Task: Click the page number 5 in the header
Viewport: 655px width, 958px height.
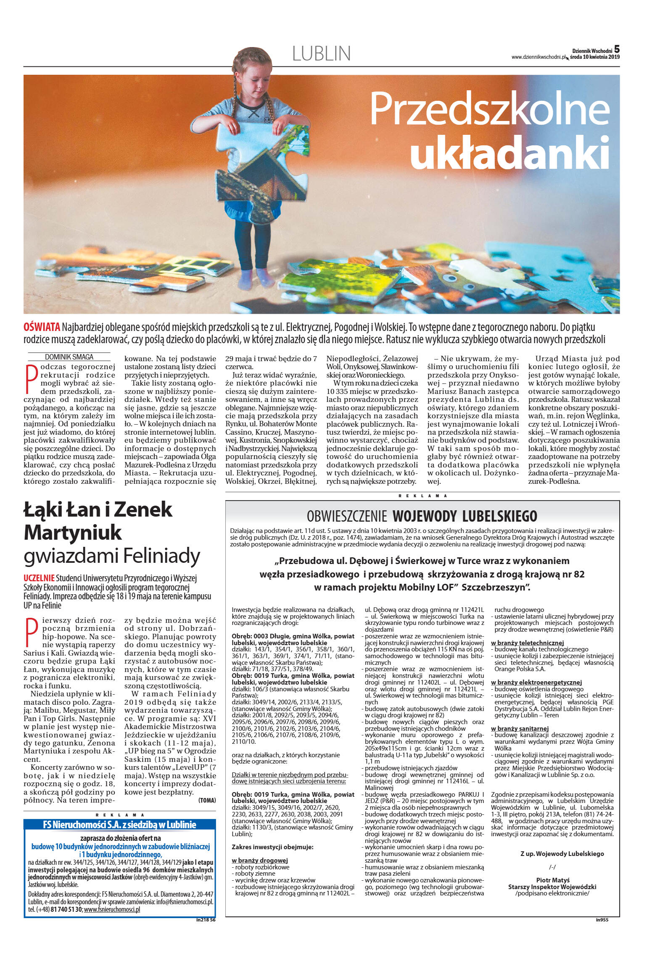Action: (616, 50)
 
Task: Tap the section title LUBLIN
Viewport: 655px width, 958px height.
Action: (321, 54)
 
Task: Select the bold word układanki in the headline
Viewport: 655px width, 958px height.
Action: (509, 152)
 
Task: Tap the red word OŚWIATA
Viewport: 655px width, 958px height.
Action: (42, 327)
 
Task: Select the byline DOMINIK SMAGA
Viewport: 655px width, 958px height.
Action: (69, 357)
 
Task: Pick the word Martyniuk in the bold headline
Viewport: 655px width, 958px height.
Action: (73, 533)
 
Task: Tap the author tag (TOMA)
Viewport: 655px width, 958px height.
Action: (207, 801)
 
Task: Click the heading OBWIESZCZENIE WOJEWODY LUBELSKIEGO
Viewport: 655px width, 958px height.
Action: (422, 516)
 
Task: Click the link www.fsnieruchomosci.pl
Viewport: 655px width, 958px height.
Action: (112, 909)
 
